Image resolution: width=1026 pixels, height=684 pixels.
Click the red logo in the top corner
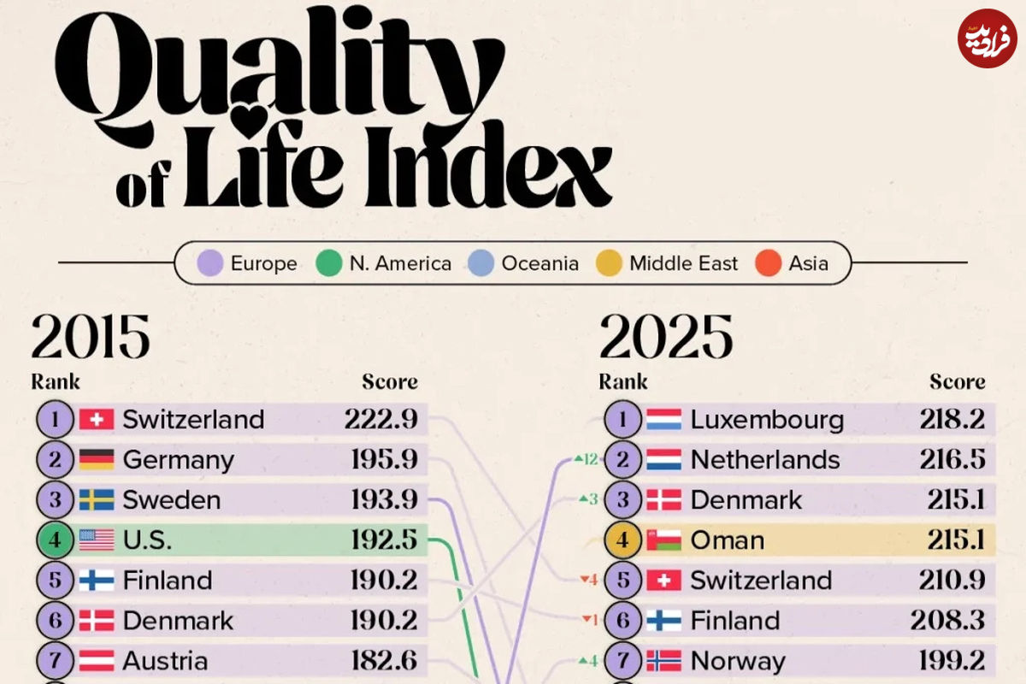[988, 38]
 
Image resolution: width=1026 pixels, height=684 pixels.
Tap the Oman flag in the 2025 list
[664, 540]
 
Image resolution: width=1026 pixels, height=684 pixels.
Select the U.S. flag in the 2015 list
[97, 540]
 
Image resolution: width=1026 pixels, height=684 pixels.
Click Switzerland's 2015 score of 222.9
[381, 420]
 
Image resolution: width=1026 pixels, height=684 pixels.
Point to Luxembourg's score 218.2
[952, 420]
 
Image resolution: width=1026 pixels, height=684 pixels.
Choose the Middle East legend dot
[609, 263]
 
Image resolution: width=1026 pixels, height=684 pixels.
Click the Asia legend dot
[769, 263]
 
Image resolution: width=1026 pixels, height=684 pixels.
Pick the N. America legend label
[400, 263]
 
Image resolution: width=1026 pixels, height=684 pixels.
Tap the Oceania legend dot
[481, 263]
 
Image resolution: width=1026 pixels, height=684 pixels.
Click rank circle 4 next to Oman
[623, 540]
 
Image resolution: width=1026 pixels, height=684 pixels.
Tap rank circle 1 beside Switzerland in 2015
[56, 420]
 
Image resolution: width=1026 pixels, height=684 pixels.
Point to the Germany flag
[97, 460]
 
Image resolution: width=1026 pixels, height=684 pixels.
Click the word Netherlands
[765, 460]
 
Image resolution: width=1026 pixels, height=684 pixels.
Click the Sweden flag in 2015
[97, 500]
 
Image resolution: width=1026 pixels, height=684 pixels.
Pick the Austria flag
[97, 661]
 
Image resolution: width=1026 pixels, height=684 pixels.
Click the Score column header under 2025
[958, 381]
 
